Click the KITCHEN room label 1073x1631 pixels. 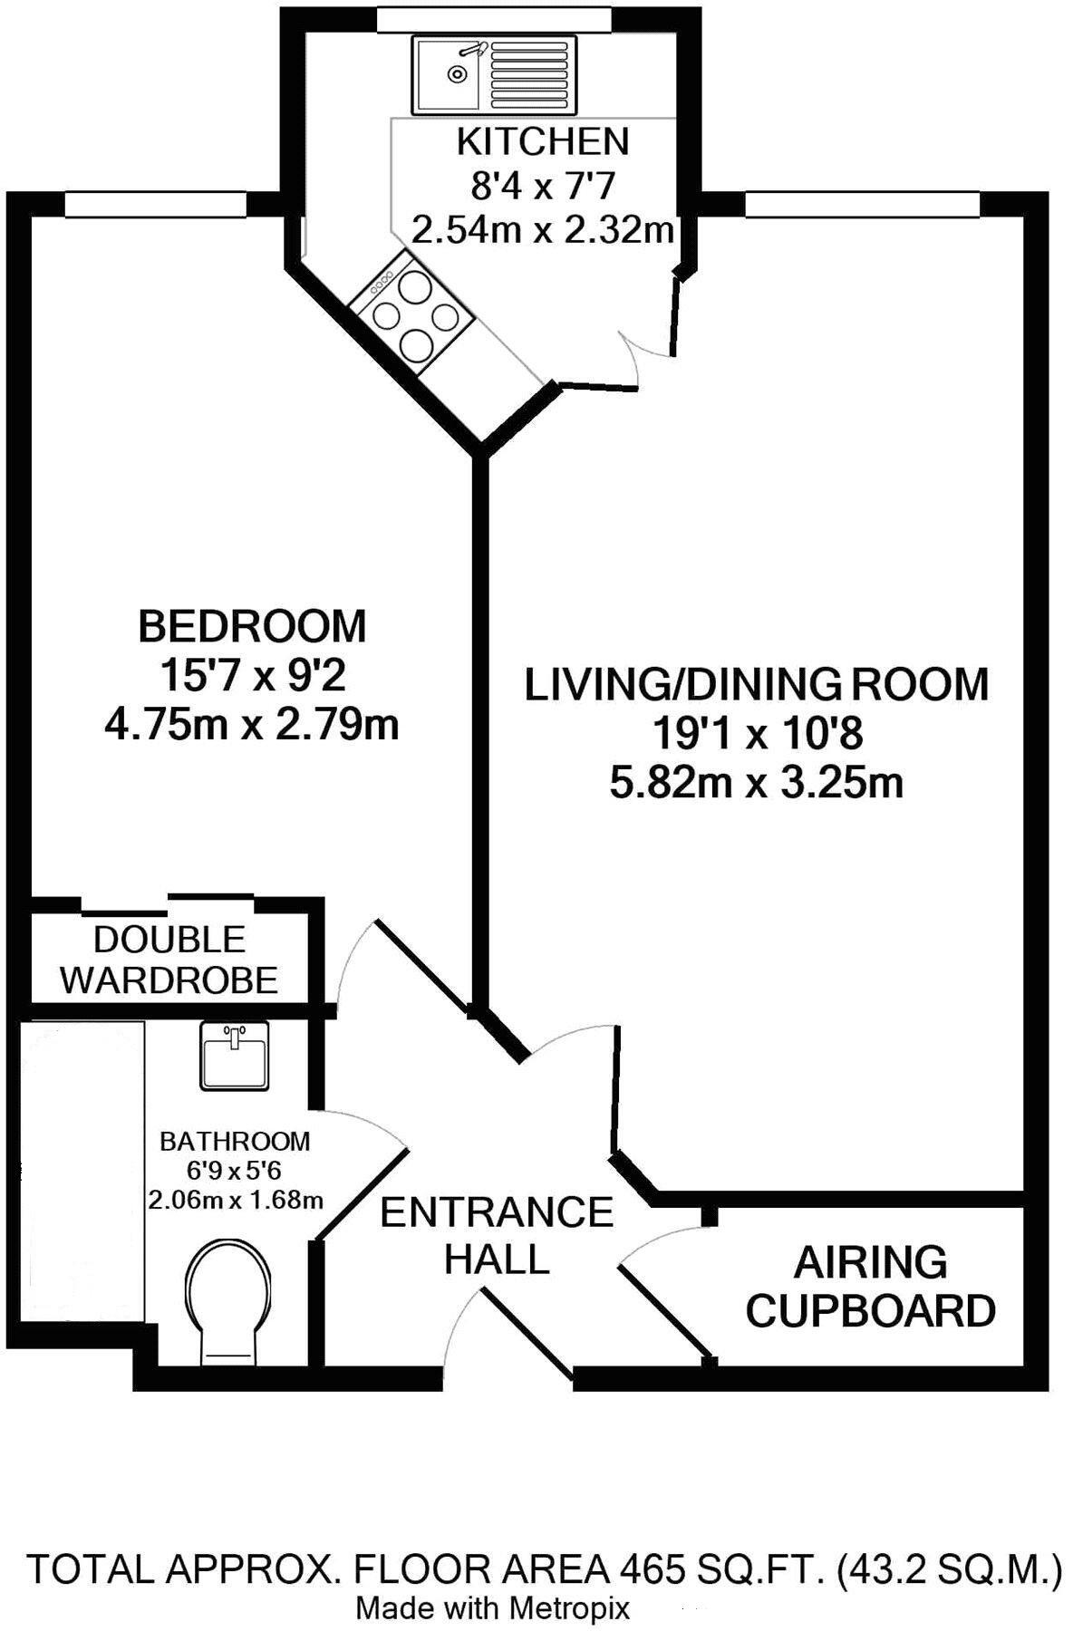[x=543, y=142]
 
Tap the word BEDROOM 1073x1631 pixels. [x=252, y=627]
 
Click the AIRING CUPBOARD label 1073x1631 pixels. [x=870, y=1287]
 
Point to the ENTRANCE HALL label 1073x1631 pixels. [x=497, y=1235]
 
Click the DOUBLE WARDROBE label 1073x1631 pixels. [x=169, y=960]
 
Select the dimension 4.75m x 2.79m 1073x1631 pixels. [x=252, y=725]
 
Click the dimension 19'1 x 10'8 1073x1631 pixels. [x=758, y=734]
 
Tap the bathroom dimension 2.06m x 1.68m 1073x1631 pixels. [x=236, y=1201]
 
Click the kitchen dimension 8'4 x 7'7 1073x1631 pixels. [x=543, y=187]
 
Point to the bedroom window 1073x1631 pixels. [x=156, y=205]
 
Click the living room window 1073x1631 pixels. [x=862, y=205]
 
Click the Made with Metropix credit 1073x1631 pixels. [x=492, y=1608]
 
